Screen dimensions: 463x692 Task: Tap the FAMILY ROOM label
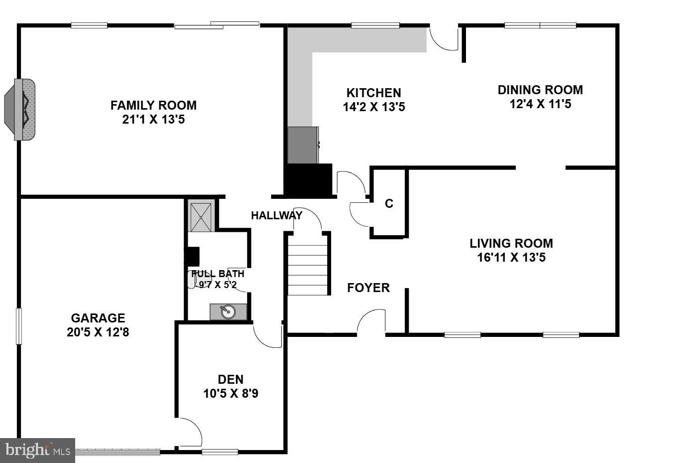(x=153, y=105)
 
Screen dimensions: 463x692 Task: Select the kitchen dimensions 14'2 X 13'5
(x=373, y=107)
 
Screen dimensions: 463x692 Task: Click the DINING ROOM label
(x=540, y=90)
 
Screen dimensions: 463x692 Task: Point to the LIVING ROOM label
(x=511, y=243)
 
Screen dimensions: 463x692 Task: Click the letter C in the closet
(x=389, y=204)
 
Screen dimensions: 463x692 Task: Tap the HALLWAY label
(x=276, y=215)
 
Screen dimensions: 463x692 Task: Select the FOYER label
(x=368, y=288)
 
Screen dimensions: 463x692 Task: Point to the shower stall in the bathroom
(x=201, y=217)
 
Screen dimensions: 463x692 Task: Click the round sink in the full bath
(x=228, y=312)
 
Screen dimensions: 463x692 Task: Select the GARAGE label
(x=98, y=318)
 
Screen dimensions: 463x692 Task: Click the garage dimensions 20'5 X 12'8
(x=98, y=332)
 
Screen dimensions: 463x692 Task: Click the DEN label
(x=231, y=379)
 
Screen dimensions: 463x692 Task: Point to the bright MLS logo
(x=37, y=451)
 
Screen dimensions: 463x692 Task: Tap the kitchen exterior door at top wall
(x=444, y=37)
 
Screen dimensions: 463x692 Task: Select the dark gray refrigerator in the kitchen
(x=303, y=145)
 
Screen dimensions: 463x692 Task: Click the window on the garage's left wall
(x=19, y=326)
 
